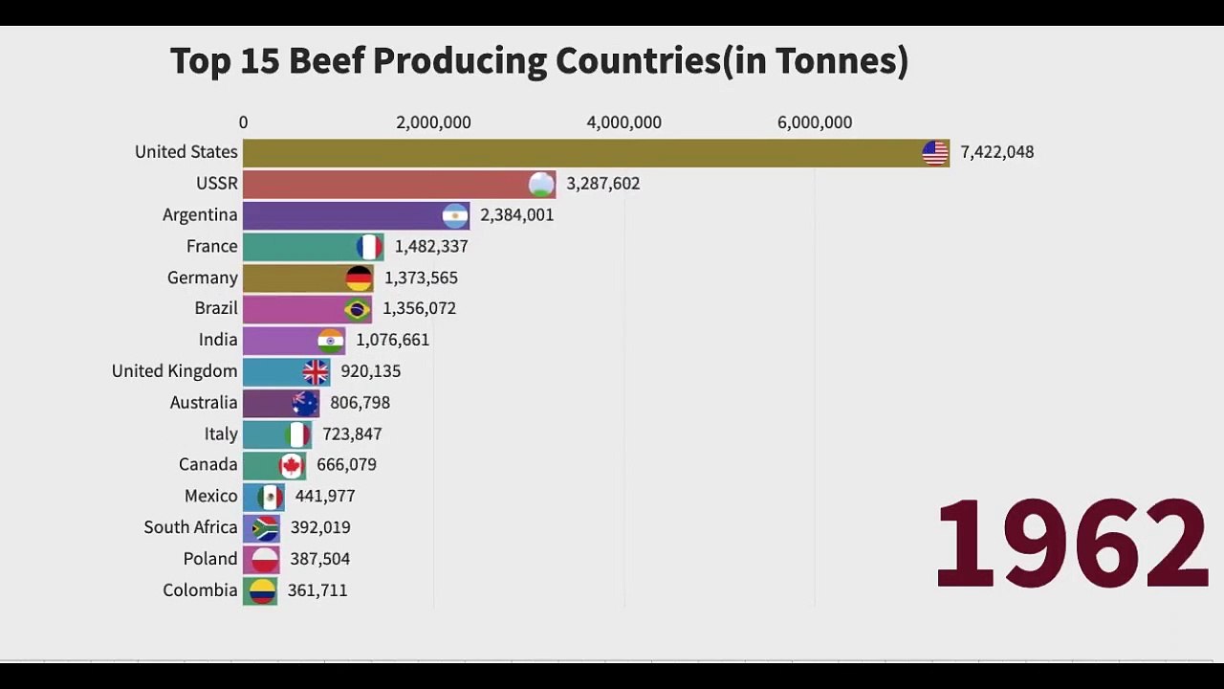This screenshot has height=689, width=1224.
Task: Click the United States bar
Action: tap(574, 152)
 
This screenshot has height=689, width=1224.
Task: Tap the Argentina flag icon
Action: tap(455, 215)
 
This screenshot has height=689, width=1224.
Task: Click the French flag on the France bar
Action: tap(369, 247)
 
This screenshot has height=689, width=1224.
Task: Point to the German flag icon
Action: tap(359, 278)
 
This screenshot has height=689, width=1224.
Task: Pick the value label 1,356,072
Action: tap(419, 308)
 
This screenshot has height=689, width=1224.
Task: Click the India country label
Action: tap(218, 340)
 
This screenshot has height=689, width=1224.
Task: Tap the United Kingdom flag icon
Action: tap(316, 371)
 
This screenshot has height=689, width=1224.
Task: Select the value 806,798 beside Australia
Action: tap(360, 403)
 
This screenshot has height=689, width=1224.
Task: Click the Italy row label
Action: tap(221, 433)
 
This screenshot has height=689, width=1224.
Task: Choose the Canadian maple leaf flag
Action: tap(292, 465)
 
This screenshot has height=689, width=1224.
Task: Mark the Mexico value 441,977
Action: tap(325, 496)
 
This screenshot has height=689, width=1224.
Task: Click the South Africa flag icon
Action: tap(265, 527)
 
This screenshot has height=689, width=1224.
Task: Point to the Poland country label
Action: tap(210, 559)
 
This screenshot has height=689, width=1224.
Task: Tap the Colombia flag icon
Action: tap(262, 590)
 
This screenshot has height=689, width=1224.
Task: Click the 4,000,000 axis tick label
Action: tap(623, 122)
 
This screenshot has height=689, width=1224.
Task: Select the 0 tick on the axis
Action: tap(243, 122)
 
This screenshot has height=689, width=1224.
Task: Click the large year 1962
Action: tap(1071, 544)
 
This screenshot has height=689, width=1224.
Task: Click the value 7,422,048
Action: tap(996, 152)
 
